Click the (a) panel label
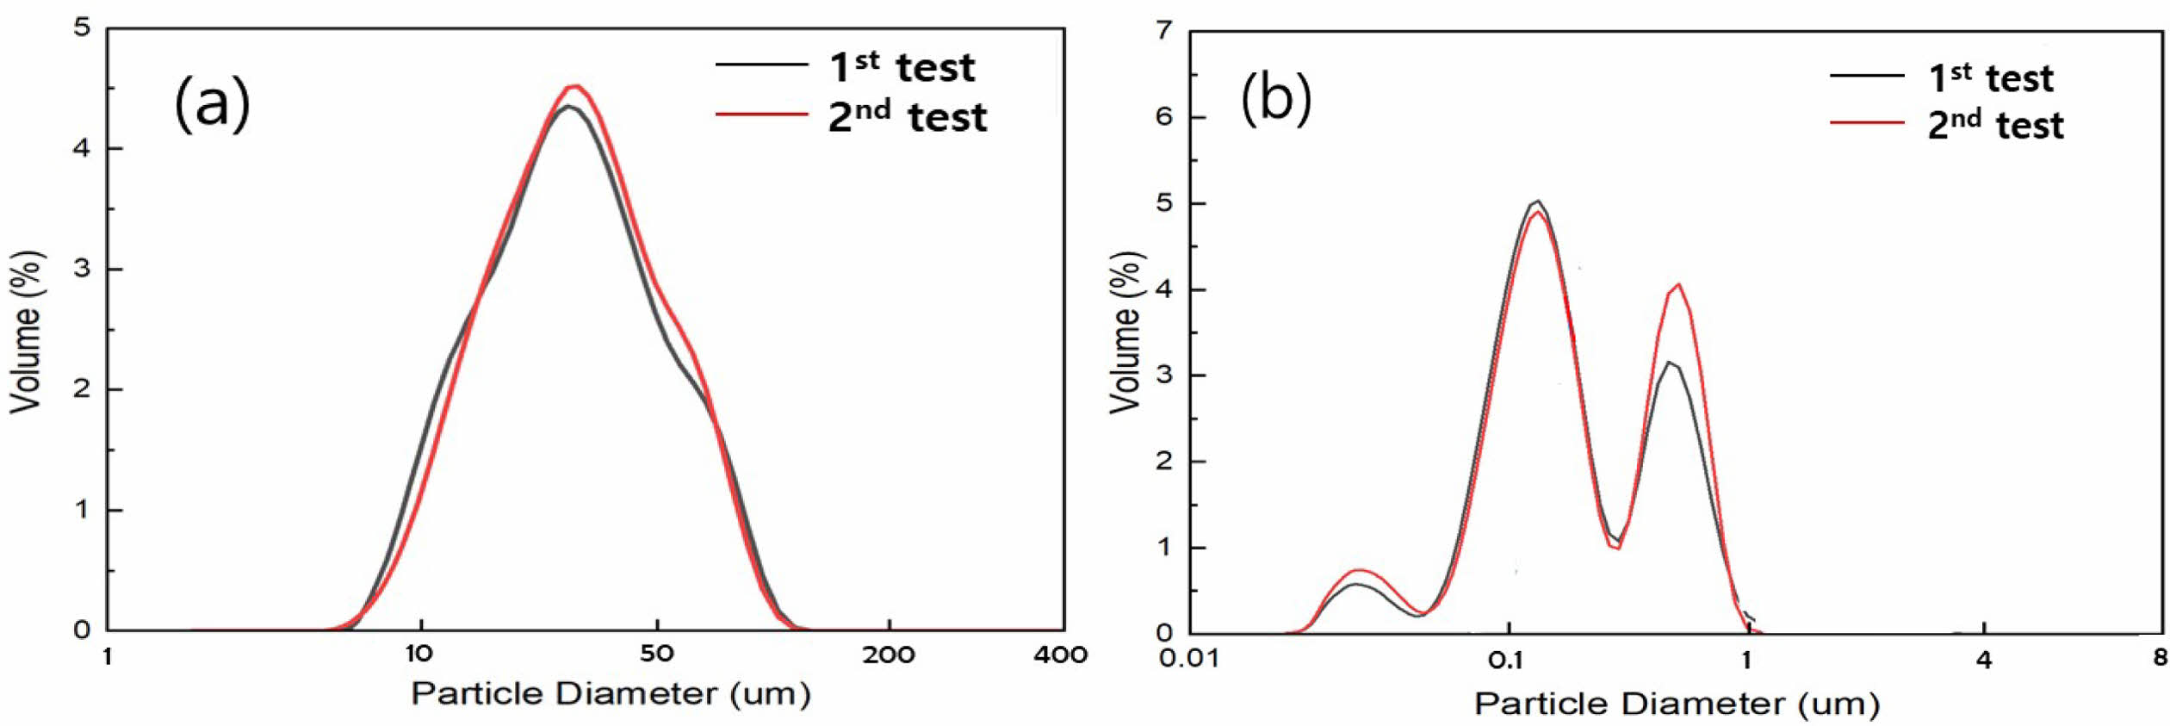(x=212, y=103)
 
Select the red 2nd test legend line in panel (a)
(x=761, y=114)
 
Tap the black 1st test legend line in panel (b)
(x=1867, y=76)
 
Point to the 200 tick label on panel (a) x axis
(x=889, y=655)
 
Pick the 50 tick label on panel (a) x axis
(x=656, y=654)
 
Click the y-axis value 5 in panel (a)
(x=82, y=28)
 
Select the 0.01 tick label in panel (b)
(x=1188, y=659)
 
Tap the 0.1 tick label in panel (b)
(x=1506, y=659)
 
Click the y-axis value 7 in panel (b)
(x=1164, y=31)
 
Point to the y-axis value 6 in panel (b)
(x=1164, y=117)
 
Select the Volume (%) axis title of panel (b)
(x=1125, y=332)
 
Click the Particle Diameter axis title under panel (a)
(x=611, y=693)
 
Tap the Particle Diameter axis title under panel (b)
(x=1677, y=704)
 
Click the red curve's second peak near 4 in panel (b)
(x=1679, y=284)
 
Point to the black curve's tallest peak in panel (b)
(x=1538, y=201)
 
